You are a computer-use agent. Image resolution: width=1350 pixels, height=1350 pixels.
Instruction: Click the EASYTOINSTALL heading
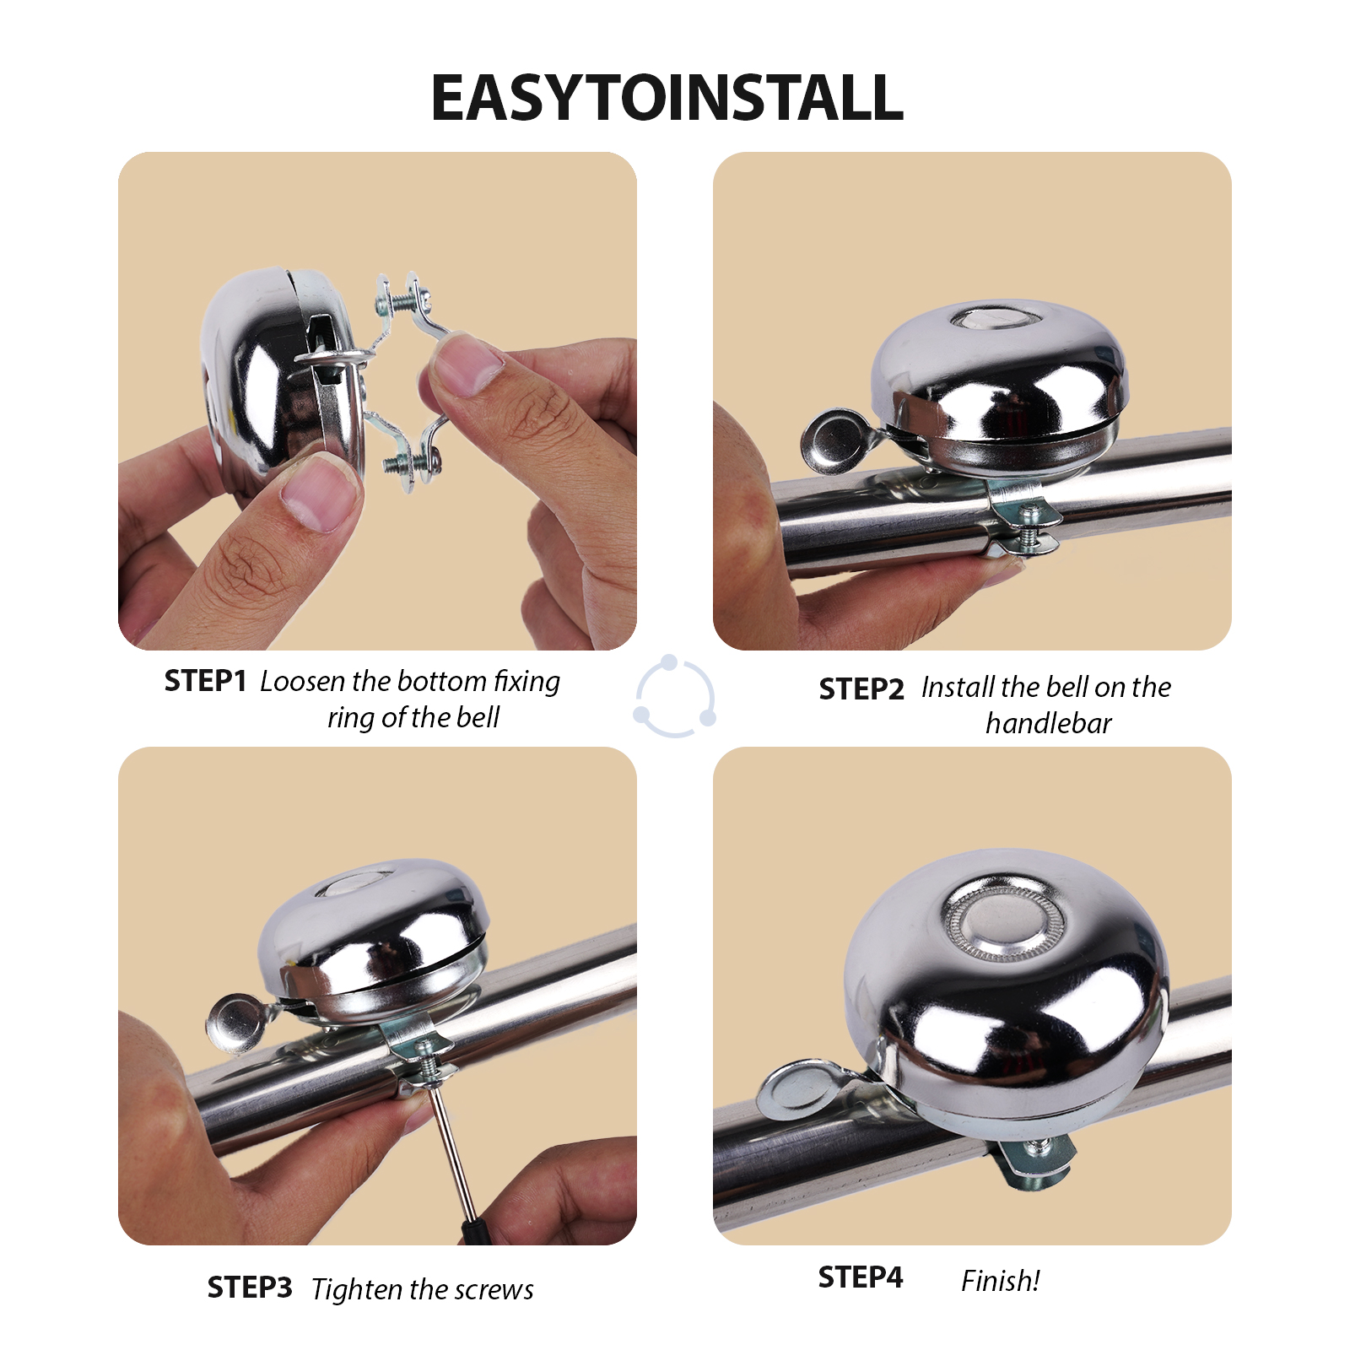click(667, 98)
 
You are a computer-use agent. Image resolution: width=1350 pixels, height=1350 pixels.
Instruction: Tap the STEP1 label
click(205, 680)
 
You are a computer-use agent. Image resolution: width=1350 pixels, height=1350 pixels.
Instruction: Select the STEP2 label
click(861, 689)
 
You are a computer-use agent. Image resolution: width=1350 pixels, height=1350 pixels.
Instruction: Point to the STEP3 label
click(250, 1288)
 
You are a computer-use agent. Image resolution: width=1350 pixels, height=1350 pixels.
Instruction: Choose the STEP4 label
click(861, 1277)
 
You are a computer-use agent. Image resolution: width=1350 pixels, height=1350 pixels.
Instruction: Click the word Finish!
click(1001, 1281)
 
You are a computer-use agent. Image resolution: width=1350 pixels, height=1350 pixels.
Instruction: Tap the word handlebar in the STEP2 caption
click(1049, 723)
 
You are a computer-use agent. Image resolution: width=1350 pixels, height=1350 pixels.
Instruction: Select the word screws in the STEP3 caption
click(494, 1290)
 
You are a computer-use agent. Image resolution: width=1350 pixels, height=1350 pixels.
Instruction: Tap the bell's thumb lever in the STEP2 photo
click(835, 441)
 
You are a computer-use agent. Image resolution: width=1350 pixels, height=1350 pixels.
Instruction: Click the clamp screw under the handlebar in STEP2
click(1030, 526)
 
